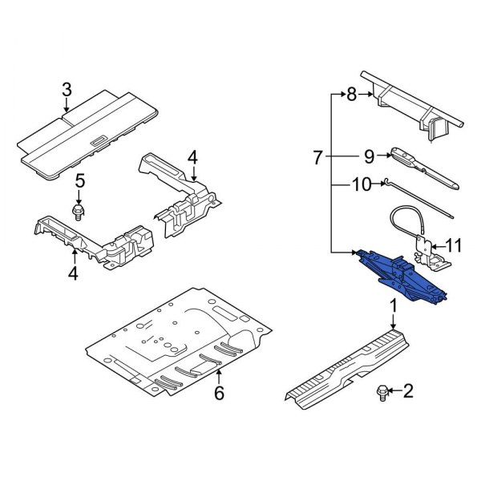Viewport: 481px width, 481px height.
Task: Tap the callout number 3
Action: click(67, 89)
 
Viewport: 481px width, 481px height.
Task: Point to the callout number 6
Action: click(219, 394)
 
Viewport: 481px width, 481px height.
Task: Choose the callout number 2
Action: click(408, 391)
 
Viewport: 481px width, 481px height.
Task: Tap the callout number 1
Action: click(393, 305)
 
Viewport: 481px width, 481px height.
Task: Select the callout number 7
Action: click(317, 158)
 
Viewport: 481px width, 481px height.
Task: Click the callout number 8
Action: click(351, 95)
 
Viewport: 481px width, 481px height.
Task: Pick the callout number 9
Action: click(370, 156)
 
